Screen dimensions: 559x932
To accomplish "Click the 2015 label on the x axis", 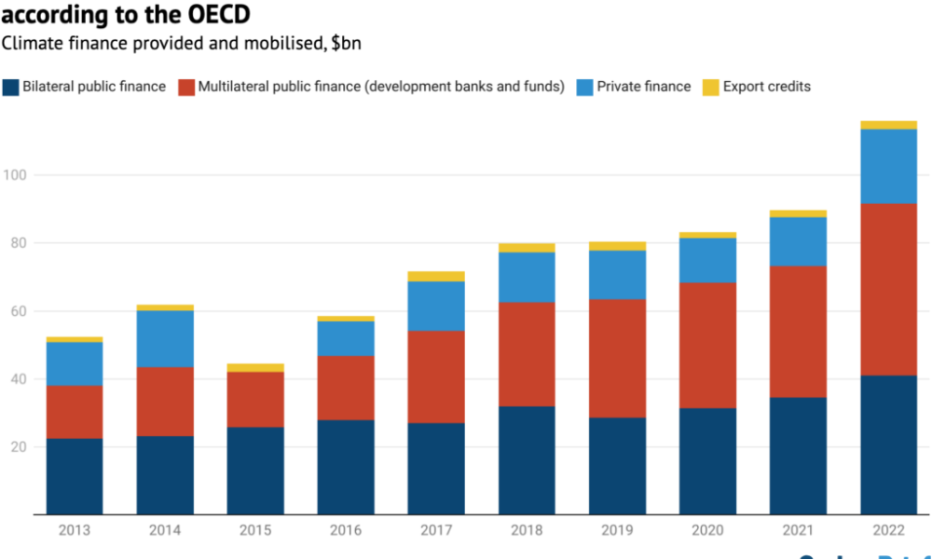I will pyautogui.click(x=255, y=531).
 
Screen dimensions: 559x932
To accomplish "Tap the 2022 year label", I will pyautogui.click(x=888, y=531).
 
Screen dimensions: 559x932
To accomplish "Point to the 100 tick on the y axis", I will pyautogui.click(x=16, y=175).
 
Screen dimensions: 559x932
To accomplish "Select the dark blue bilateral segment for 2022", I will pyautogui.click(x=888, y=444).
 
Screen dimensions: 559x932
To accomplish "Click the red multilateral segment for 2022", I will pyautogui.click(x=888, y=289).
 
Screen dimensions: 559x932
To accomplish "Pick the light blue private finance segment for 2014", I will pyautogui.click(x=165, y=338).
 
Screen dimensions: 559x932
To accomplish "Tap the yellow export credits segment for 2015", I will pyautogui.click(x=255, y=368).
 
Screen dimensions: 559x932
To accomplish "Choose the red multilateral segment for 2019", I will pyautogui.click(x=617, y=358).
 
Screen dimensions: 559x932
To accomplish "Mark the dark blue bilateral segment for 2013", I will pyautogui.click(x=75, y=476).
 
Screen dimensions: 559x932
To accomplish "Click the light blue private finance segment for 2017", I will pyautogui.click(x=436, y=306).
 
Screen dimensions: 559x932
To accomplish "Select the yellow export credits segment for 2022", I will pyautogui.click(x=888, y=125).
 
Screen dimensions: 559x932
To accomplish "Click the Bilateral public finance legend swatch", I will pyautogui.click(x=10, y=87).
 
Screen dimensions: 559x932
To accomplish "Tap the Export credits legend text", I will pyautogui.click(x=766, y=87).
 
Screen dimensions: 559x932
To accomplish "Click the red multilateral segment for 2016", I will pyautogui.click(x=346, y=388).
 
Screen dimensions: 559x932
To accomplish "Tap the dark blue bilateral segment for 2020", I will pyautogui.click(x=707, y=461).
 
